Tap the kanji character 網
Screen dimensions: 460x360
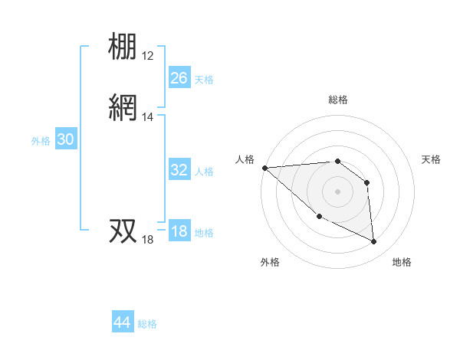pyautogui.click(x=123, y=108)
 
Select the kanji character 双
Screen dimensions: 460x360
pyautogui.click(x=123, y=231)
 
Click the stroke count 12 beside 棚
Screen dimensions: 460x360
pyautogui.click(x=148, y=56)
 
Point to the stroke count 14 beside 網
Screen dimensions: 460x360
pyautogui.click(x=148, y=117)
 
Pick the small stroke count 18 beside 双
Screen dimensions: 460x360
pyautogui.click(x=148, y=240)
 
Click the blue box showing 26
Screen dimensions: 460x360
pyautogui.click(x=179, y=78)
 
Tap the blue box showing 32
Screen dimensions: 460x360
pyautogui.click(x=179, y=170)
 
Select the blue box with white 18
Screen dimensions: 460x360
pyautogui.click(x=179, y=231)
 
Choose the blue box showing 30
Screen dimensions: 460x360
pyautogui.click(x=66, y=139)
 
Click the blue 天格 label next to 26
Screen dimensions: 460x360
pyautogui.click(x=204, y=80)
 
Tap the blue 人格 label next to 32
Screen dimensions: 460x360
pyautogui.click(x=204, y=172)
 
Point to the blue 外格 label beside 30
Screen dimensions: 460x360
pyautogui.click(x=41, y=141)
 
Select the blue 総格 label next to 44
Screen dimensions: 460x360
pyautogui.click(x=147, y=324)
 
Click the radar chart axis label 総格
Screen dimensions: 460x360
pyautogui.click(x=337, y=100)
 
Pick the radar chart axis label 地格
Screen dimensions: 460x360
pyautogui.click(x=402, y=262)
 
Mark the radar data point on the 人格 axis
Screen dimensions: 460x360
pyautogui.click(x=264, y=168)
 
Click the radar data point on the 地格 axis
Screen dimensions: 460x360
pyautogui.click(x=374, y=242)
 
